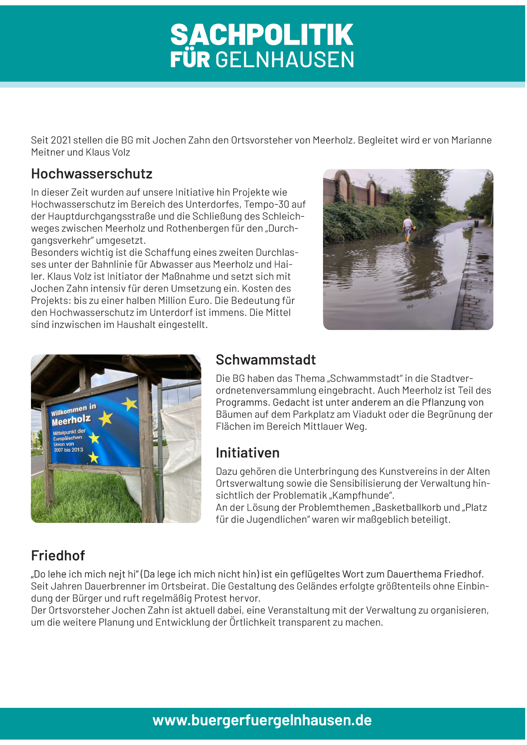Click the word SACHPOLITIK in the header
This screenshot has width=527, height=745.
[x=262, y=35]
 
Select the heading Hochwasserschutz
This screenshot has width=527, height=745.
[x=92, y=174]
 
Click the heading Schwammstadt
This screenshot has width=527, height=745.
[x=265, y=360]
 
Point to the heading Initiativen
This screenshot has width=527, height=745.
[x=247, y=453]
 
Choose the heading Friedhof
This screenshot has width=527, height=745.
[x=58, y=555]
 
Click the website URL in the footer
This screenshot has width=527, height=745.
[x=262, y=720]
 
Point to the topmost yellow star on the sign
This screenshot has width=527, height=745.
[x=130, y=403]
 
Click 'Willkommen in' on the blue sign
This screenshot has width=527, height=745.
[x=73, y=410]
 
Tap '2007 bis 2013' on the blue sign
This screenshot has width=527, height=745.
[x=68, y=450]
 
